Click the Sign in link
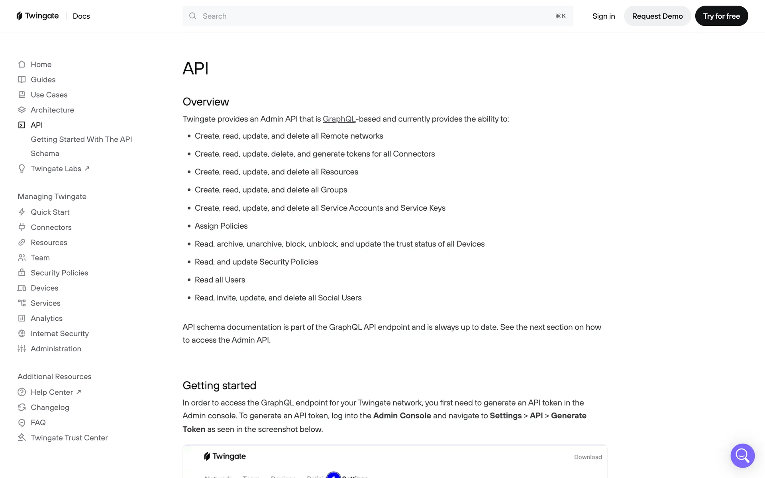(603, 16)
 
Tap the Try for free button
(721, 16)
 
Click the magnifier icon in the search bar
(193, 16)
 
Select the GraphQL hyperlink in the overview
(339, 119)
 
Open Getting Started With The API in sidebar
(81, 139)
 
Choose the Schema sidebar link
(45, 153)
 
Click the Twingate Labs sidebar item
(56, 168)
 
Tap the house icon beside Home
(22, 64)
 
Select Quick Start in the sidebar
(50, 212)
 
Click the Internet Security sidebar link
(59, 333)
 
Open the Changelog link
(50, 407)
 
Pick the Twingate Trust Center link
(69, 437)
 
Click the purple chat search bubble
(742, 455)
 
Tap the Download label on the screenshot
(588, 457)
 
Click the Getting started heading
(219, 385)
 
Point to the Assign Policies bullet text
(221, 226)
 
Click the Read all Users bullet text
(220, 280)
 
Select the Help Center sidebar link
(52, 392)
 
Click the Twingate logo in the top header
(37, 16)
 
